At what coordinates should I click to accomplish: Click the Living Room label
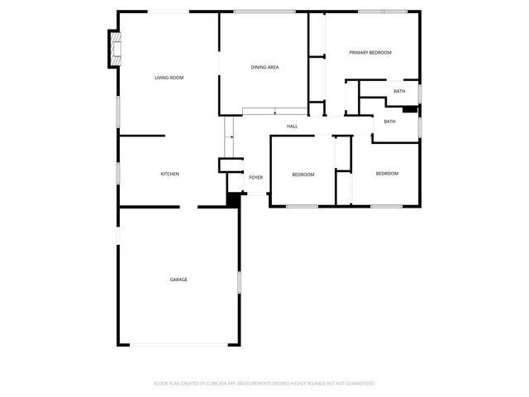click(x=169, y=78)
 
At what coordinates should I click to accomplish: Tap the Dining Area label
click(x=264, y=67)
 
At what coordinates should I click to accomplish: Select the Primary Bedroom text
click(x=369, y=52)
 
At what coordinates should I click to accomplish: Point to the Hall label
click(x=293, y=127)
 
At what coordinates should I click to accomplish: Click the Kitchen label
click(x=169, y=174)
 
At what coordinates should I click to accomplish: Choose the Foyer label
click(x=256, y=177)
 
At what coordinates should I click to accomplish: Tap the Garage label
click(x=179, y=280)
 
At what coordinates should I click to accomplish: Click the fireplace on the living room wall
click(x=116, y=50)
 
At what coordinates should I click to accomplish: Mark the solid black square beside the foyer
click(x=233, y=199)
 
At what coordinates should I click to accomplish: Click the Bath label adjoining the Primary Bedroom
click(x=399, y=91)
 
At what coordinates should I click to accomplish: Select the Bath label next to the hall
click(x=389, y=122)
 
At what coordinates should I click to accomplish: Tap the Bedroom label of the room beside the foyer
click(x=303, y=175)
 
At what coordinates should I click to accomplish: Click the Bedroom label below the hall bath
click(x=387, y=174)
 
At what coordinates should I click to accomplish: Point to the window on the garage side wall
click(x=240, y=282)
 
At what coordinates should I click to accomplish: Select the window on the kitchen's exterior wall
click(x=118, y=173)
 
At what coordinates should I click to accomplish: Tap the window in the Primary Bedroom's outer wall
click(x=383, y=12)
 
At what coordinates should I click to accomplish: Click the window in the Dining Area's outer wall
click(x=264, y=12)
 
